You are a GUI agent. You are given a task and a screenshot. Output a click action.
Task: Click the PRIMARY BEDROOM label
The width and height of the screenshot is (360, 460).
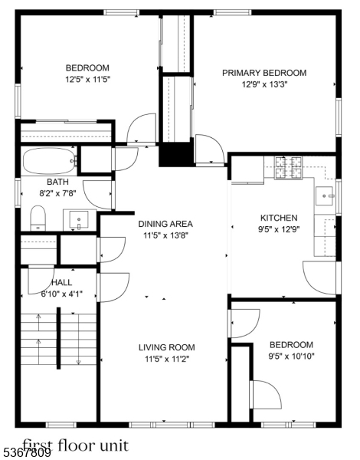[x=263, y=73]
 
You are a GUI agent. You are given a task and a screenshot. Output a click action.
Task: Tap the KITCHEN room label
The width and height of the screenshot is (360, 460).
[x=273, y=218]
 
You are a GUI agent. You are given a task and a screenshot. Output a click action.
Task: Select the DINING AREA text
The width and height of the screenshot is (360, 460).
[x=165, y=224]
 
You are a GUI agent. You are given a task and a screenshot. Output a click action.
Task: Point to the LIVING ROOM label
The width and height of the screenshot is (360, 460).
[x=166, y=347]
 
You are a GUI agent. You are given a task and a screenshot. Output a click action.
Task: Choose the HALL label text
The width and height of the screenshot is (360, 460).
[x=51, y=282]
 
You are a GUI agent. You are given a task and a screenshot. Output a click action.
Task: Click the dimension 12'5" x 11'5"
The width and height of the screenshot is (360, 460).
[x=87, y=78]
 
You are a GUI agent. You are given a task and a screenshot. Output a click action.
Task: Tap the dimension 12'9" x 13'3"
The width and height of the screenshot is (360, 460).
[x=263, y=85]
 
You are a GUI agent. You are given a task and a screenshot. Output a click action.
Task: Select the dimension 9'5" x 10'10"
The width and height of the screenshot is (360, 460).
[x=291, y=356]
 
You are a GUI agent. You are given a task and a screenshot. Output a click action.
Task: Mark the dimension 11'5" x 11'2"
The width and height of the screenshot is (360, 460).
[x=166, y=358]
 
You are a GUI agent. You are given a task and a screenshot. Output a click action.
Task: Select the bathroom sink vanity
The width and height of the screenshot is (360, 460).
[x=80, y=221]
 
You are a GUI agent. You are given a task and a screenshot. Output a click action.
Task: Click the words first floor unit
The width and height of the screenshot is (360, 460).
[x=74, y=444]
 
